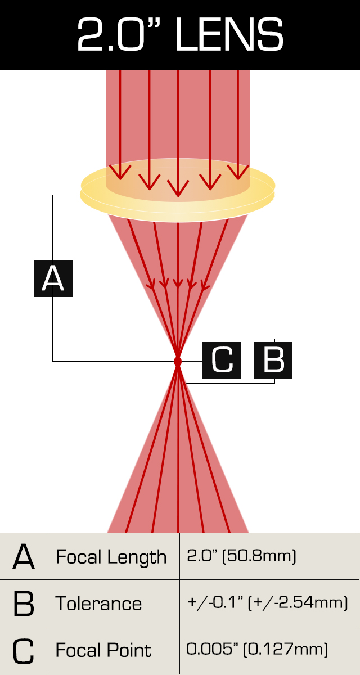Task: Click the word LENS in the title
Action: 229,35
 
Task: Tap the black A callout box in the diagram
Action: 53,278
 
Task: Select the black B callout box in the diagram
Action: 273,359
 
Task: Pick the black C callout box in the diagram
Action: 222,359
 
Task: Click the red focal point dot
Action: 178,361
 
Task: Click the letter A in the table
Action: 23,557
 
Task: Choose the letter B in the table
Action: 23,604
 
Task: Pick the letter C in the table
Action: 23,651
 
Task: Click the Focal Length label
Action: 111,557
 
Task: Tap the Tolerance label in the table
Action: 98,604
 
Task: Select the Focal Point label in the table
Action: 103,651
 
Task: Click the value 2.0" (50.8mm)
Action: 241,557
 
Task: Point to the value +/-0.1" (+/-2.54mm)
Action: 267,604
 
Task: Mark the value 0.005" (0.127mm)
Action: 257,650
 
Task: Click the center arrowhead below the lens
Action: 178,285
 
